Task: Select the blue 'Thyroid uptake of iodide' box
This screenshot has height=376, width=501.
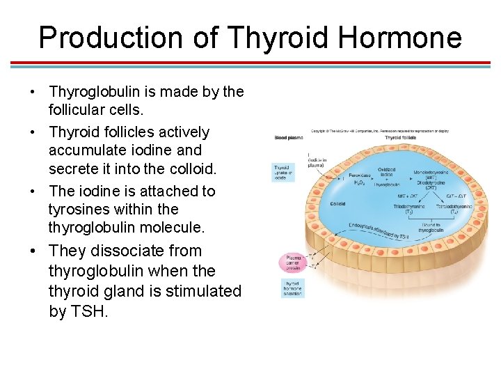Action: click(283, 173)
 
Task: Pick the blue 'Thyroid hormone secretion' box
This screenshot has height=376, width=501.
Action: click(292, 288)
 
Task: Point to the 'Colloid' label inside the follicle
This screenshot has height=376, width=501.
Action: click(338, 204)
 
